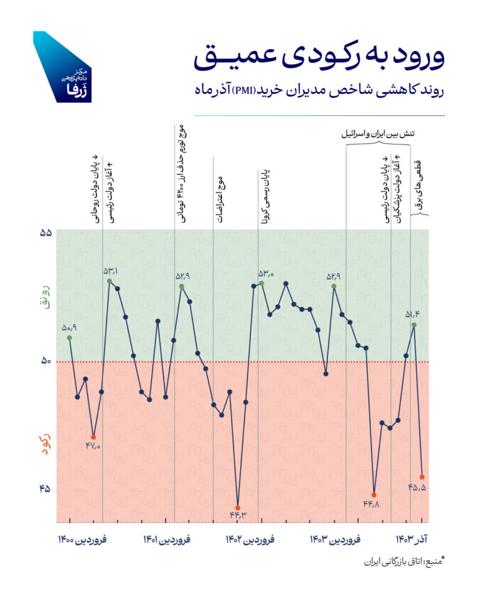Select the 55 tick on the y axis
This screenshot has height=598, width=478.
(x=45, y=232)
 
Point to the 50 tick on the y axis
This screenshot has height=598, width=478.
(x=45, y=361)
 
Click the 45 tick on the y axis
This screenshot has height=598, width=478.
(x=45, y=488)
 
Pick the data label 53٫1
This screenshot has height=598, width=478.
(x=111, y=270)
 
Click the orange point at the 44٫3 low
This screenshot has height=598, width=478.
(x=238, y=505)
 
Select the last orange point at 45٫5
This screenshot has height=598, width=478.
(x=423, y=477)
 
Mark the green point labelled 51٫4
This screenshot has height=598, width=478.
(x=414, y=325)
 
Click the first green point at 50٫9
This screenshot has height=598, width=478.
(x=69, y=337)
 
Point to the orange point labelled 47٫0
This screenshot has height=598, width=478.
(x=93, y=437)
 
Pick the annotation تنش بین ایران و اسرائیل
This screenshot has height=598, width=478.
(x=380, y=134)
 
